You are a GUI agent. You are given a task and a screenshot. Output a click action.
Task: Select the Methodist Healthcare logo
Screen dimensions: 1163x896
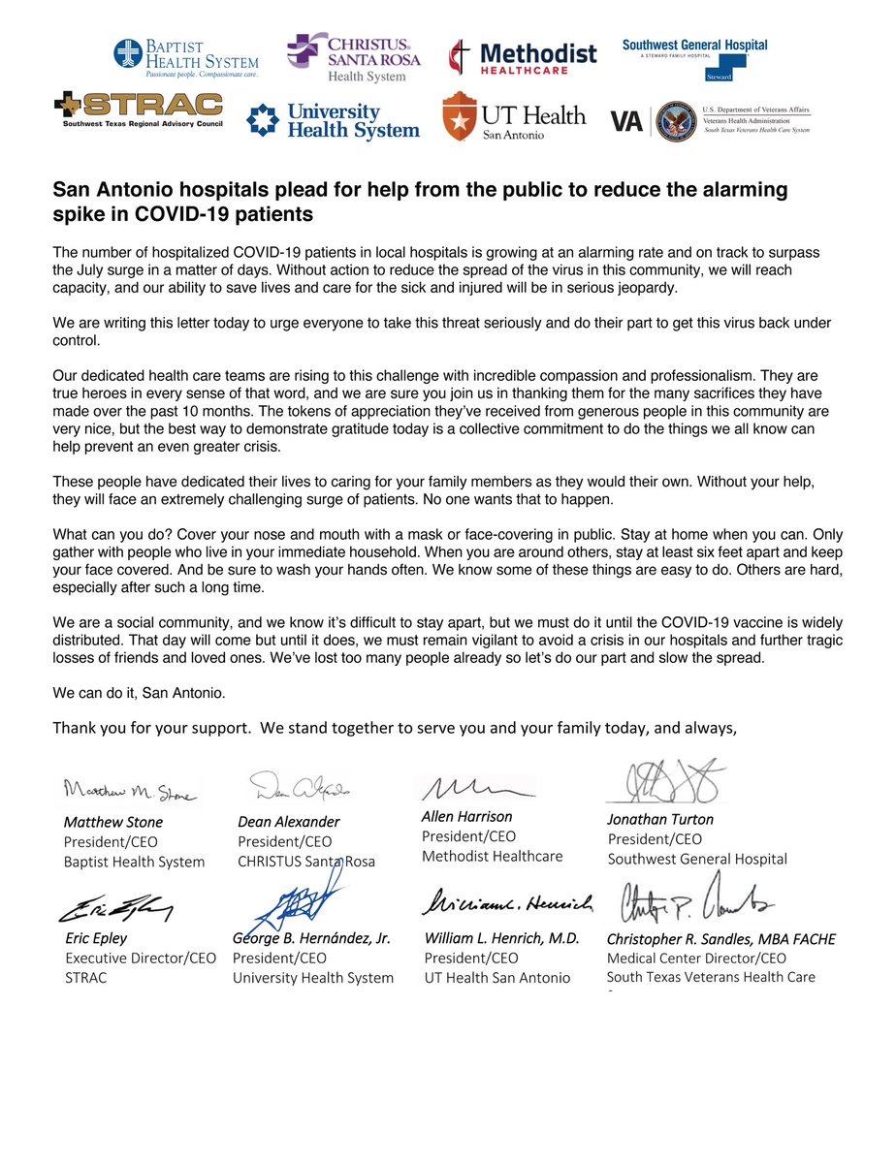pyautogui.click(x=523, y=59)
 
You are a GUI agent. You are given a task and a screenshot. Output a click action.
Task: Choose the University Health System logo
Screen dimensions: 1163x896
pyautogui.click(x=334, y=121)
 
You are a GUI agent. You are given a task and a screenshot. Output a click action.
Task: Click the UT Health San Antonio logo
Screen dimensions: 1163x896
pyautogui.click(x=514, y=118)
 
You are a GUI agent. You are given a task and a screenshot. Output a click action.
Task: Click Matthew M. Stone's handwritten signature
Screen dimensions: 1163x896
pyautogui.click(x=130, y=792)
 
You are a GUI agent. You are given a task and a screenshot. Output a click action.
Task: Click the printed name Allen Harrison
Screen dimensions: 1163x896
pyautogui.click(x=467, y=816)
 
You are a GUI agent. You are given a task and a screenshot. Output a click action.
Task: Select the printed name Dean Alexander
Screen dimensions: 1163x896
pyautogui.click(x=288, y=821)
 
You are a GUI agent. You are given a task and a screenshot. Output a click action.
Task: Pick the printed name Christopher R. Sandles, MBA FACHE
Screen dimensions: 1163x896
pyautogui.click(x=720, y=938)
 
